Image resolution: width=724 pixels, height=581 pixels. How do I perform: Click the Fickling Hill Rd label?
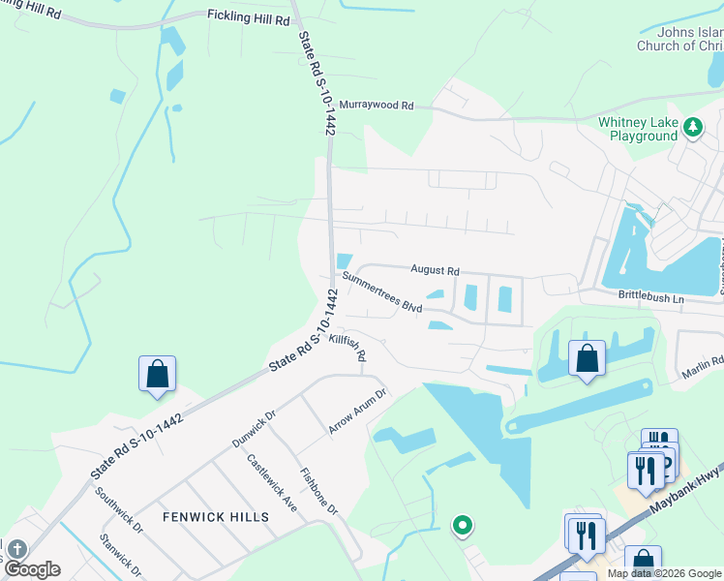point(248,17)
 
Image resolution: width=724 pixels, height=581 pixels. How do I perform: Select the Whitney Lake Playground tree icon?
point(692,127)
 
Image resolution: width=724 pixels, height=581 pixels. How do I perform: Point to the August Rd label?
point(435,270)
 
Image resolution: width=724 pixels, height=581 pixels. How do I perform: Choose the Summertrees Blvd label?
point(383,292)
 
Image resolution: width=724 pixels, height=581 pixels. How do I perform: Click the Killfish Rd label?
point(347,349)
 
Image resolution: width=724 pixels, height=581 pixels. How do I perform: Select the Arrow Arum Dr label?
point(357,413)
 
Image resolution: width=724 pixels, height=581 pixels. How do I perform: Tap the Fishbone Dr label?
point(318,492)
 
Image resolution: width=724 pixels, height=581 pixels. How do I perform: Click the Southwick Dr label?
point(119,509)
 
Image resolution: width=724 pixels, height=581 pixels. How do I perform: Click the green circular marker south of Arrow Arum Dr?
point(463,526)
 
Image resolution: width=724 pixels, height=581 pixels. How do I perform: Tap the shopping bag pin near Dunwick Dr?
point(157,374)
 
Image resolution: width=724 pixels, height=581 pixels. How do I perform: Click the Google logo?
point(32,569)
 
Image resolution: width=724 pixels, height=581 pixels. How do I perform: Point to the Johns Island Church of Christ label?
point(679,39)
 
